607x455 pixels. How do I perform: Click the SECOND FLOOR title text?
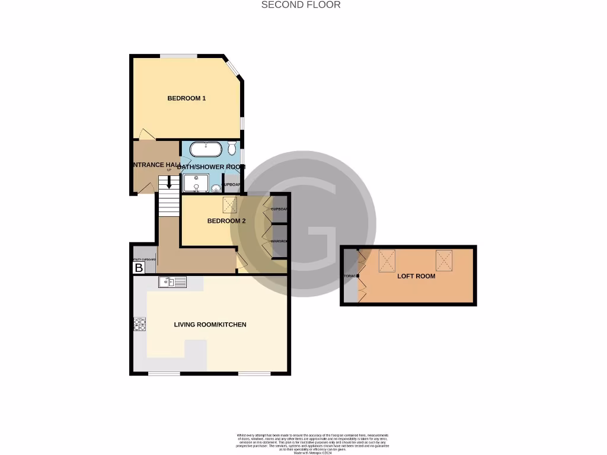pos(301,5)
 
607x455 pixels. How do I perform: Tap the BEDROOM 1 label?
pos(186,98)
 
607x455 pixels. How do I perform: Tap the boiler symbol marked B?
pos(139,268)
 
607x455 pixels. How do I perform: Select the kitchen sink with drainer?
pos(172,282)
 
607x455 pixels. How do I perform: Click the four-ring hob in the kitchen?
pos(140,324)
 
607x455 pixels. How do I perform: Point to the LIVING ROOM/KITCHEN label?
pos(210,325)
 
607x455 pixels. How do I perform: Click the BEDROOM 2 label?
pos(226,221)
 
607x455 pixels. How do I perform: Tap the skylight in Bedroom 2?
pos(229,204)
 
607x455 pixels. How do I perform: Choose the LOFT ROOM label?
pos(416,276)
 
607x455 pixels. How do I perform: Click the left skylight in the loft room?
pos(386,259)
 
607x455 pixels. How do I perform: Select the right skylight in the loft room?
pos(444,259)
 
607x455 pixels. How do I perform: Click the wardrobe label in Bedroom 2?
pos(279,242)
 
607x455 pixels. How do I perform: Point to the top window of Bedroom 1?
pos(178,56)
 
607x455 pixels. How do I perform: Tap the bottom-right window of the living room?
pos(254,373)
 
